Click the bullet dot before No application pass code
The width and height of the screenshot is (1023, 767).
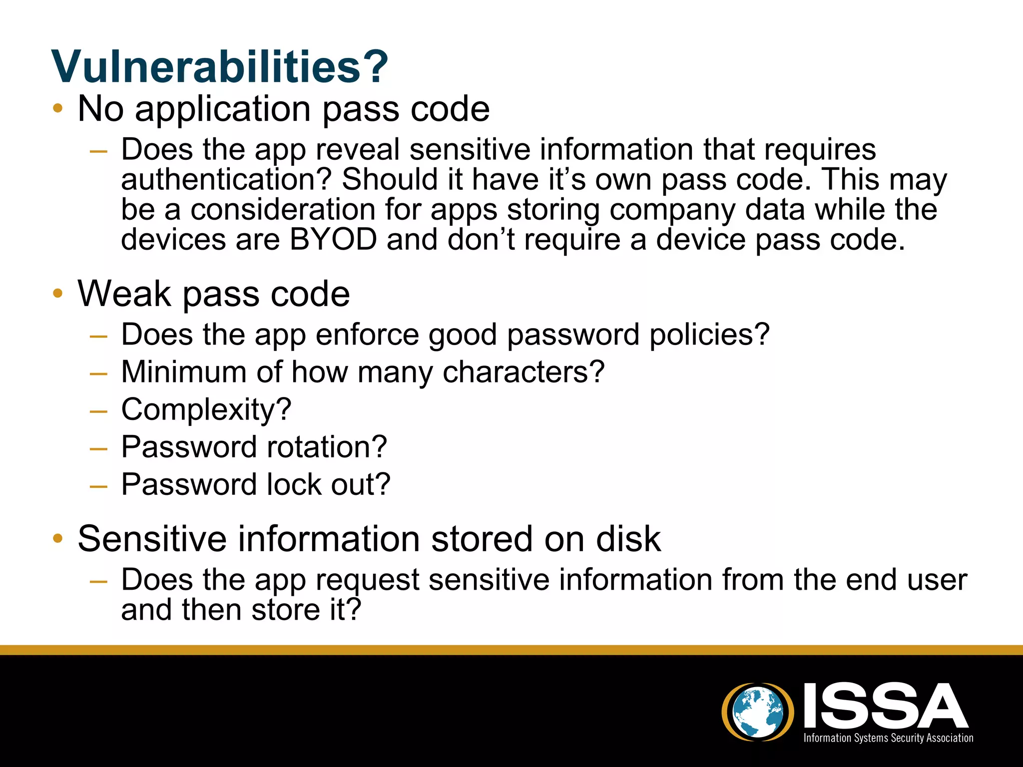58,108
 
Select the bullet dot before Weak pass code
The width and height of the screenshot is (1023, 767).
58,293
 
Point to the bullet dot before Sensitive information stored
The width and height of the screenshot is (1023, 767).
58,538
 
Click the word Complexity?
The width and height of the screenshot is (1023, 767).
206,410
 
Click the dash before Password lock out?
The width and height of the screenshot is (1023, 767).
98,486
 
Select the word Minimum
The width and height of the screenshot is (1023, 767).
184,373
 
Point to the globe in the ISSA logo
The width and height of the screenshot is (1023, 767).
757,712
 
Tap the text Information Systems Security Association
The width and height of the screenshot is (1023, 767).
888,738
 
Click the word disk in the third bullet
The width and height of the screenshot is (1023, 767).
628,539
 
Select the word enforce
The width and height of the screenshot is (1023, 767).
367,335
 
